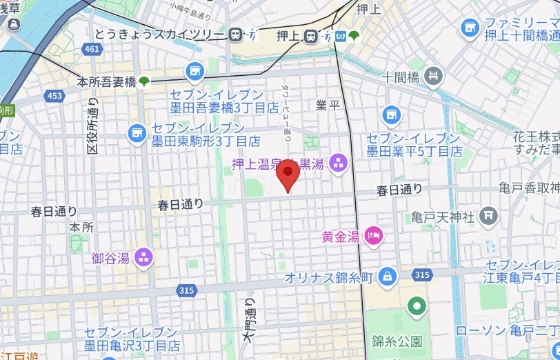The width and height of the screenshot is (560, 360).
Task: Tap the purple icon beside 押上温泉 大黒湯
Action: [x=338, y=163]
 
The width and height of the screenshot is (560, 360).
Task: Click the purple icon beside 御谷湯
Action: [x=144, y=257]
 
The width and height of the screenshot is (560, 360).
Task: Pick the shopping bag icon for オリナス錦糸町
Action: [x=388, y=277]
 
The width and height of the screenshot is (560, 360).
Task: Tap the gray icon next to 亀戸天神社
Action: [x=488, y=217]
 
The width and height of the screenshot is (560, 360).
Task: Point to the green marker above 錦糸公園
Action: [x=416, y=305]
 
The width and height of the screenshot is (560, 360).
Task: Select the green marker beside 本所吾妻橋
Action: [x=144, y=82]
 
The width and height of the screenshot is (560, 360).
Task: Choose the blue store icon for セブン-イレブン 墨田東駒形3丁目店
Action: [x=137, y=130]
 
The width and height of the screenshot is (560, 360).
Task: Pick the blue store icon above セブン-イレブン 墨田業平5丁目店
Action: [x=391, y=114]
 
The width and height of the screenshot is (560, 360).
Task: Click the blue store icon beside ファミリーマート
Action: [x=471, y=27]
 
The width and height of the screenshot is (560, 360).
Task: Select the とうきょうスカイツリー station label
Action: [x=168, y=34]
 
